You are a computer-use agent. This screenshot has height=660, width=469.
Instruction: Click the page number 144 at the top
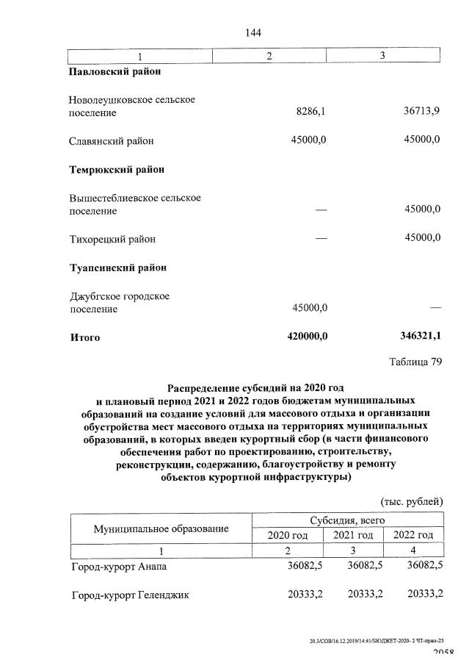252,33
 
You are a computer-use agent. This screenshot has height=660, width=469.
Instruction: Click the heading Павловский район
115,72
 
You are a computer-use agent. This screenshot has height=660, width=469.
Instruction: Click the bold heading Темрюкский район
117,169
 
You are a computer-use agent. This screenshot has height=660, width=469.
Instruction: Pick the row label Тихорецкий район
112,239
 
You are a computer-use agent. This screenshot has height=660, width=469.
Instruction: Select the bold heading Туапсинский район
117,268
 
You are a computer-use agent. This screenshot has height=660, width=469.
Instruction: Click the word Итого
84,337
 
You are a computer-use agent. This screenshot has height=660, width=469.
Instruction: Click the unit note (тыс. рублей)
411,502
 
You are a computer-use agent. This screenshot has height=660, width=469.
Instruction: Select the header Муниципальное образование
161,528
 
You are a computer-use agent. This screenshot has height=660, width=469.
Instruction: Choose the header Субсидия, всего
347,521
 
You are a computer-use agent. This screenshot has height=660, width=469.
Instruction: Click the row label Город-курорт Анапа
119,567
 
